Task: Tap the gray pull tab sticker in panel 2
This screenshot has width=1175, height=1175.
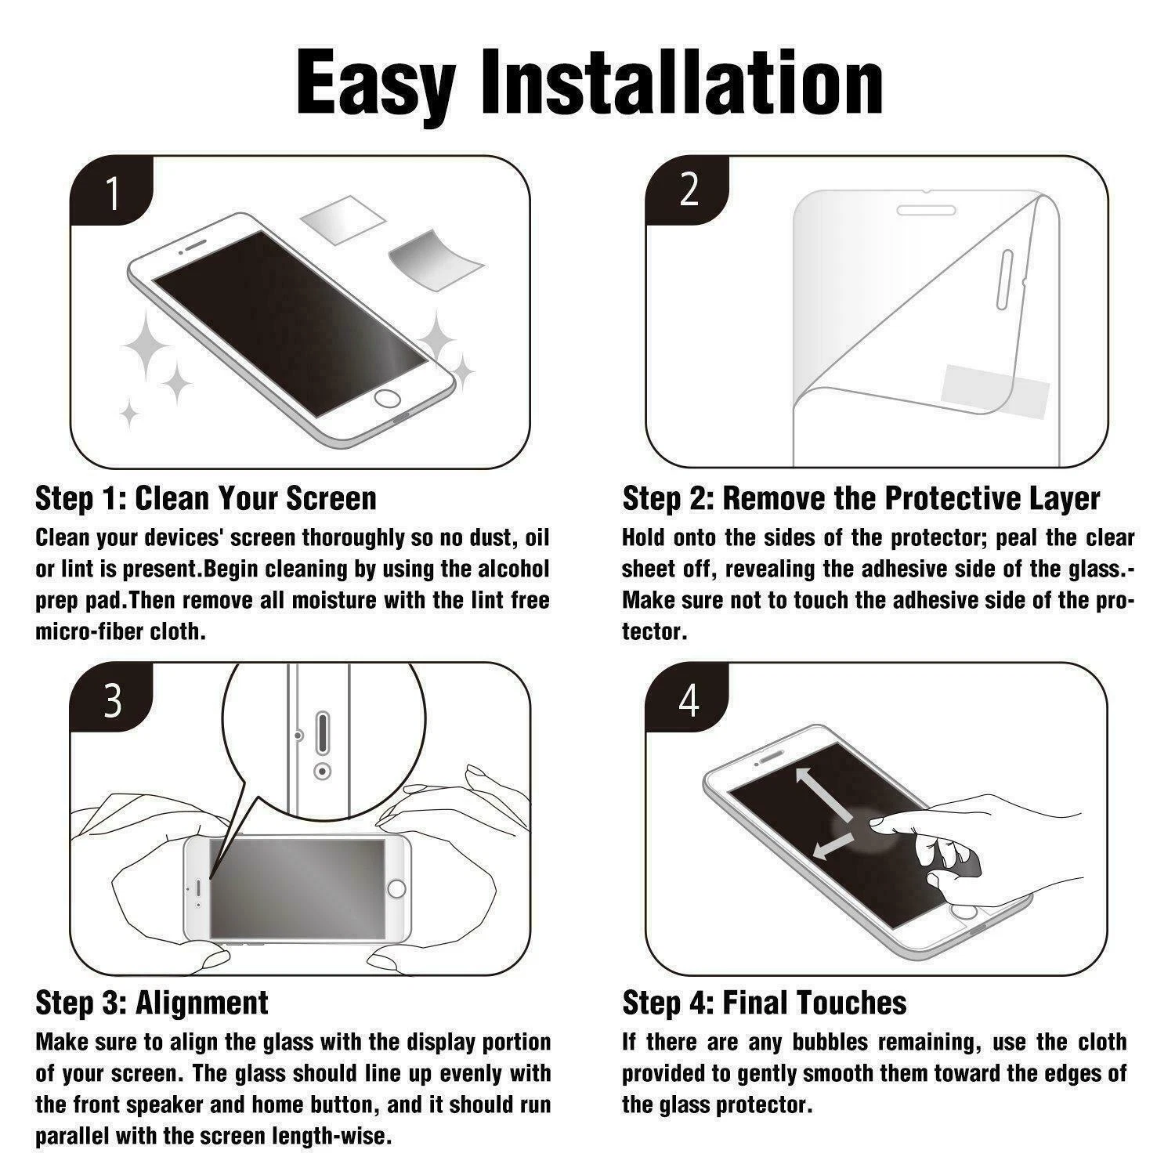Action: coord(995,389)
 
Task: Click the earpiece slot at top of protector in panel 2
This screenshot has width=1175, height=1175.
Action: coord(926,211)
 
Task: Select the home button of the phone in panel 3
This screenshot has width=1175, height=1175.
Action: coord(398,888)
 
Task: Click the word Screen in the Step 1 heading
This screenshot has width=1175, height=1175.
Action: coord(331,498)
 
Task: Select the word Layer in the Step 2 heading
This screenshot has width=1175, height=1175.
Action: coord(1065,499)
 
